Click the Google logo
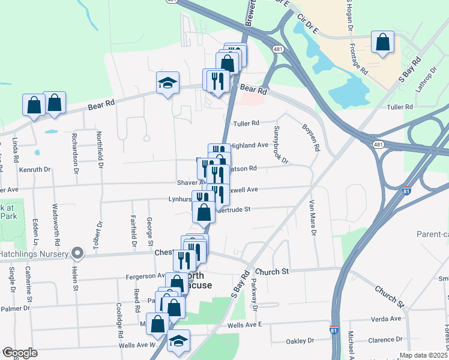pyautogui.click(x=20, y=353)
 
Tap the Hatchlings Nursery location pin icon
pyautogui.click(x=77, y=253)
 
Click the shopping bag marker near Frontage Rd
pyautogui.click(x=382, y=43)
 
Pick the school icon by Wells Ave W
pyautogui.click(x=178, y=341)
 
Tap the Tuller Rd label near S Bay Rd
pyautogui.click(x=400, y=107)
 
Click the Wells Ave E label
pyautogui.click(x=245, y=325)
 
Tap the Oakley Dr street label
pyautogui.click(x=300, y=341)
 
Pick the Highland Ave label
pyautogui.click(x=249, y=145)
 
